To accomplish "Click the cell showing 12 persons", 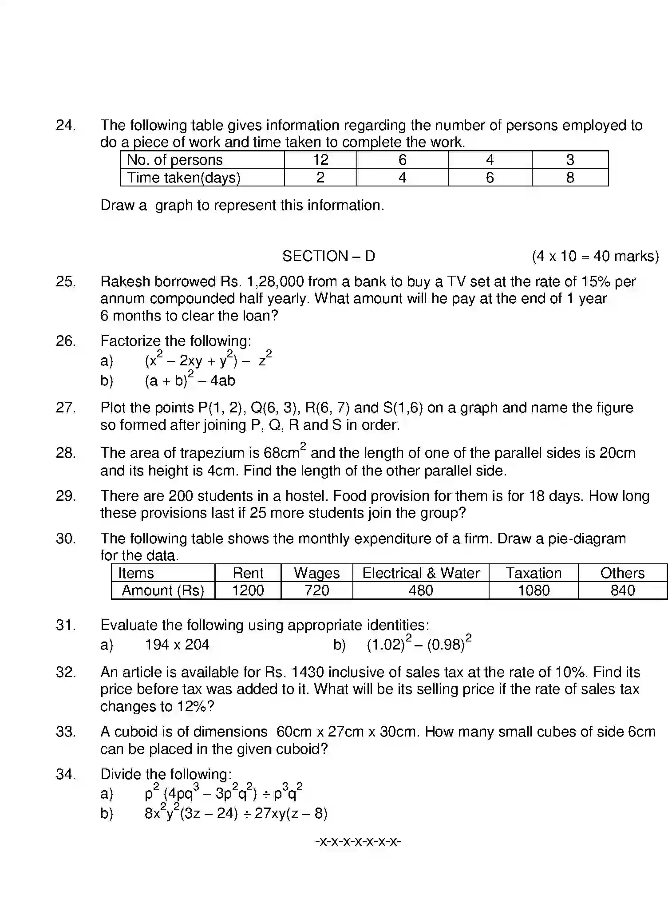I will point(320,160).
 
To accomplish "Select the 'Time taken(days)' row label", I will point(184,178).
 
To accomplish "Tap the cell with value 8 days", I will point(570,178).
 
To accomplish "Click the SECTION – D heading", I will point(328,256).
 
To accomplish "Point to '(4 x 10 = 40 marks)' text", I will point(595,256).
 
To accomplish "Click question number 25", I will point(66,281).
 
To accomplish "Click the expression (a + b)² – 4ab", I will point(190,380).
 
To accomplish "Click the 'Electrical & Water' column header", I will point(420,573).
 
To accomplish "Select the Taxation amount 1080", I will point(534,590).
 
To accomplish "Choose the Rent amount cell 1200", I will point(248,590).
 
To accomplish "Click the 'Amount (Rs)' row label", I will point(163,590).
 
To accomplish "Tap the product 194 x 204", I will point(177,645).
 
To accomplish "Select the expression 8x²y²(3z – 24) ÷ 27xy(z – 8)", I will point(236,813).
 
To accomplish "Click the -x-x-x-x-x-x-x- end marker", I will point(358,841).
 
